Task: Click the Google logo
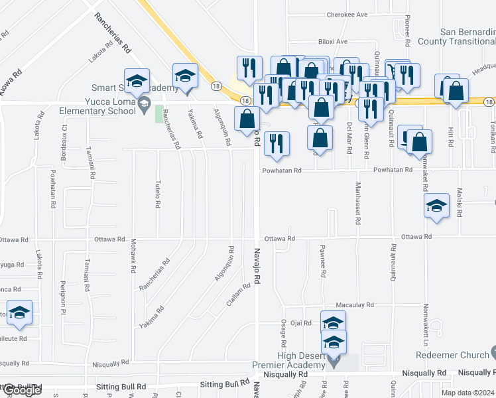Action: pos(21,391)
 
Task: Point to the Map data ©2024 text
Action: pos(467,393)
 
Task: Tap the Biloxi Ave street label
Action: pos(332,41)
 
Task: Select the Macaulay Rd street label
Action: pos(355,305)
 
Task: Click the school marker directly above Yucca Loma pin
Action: pos(137,81)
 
